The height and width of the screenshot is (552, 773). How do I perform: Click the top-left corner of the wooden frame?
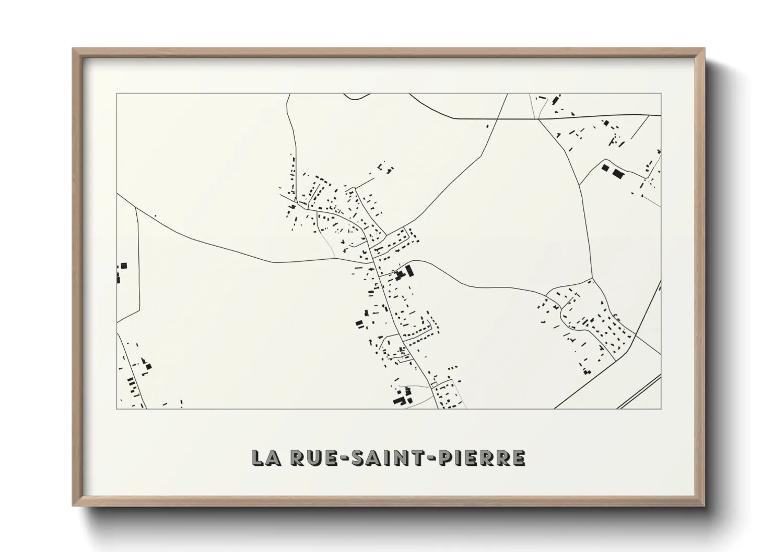(x=73, y=49)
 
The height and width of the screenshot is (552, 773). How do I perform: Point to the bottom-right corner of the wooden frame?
(x=705, y=506)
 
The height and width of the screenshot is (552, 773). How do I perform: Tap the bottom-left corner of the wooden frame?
(x=73, y=506)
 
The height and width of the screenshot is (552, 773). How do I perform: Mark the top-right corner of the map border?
(x=661, y=94)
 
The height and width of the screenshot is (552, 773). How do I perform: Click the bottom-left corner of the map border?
(x=117, y=409)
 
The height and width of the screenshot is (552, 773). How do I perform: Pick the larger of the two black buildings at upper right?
(x=618, y=173)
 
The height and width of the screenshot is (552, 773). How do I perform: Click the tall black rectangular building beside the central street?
(x=409, y=271)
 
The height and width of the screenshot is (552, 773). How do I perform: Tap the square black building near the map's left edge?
(x=124, y=266)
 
